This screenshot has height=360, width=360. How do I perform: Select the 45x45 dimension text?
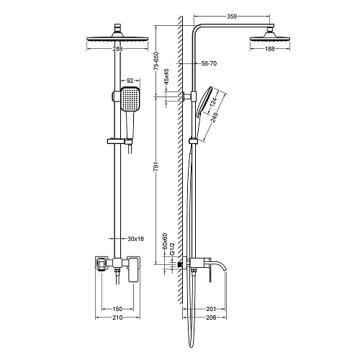[x=166, y=77]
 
